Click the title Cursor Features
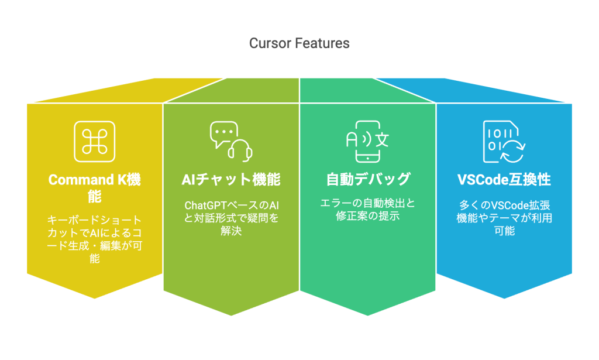tap(299, 43)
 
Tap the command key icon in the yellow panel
tap(94, 142)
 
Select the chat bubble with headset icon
tap(230, 142)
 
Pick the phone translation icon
tap(367, 142)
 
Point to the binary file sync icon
tap(503, 142)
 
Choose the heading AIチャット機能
tap(230, 180)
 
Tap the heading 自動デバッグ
tap(367, 180)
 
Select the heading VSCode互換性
tap(503, 180)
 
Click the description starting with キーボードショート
tap(94, 238)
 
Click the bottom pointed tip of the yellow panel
tap(95, 297)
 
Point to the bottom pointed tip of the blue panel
tap(504, 297)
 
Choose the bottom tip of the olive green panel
tap(231, 315)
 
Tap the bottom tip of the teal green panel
tap(367, 315)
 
